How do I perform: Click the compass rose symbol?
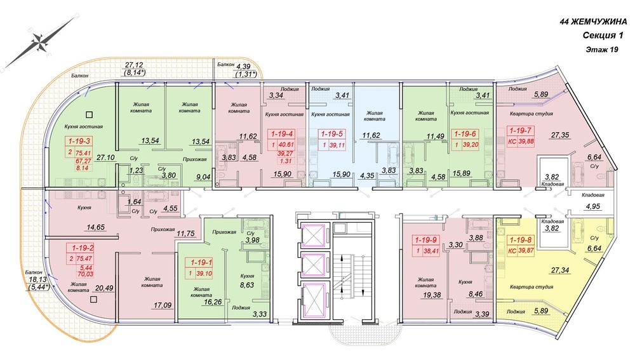(x=39, y=42)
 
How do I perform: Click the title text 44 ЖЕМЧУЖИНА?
(x=593, y=22)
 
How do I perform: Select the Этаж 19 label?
(x=602, y=50)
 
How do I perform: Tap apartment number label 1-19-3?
(x=79, y=142)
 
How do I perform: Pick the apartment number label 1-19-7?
(x=521, y=131)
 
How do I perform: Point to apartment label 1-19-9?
(x=425, y=240)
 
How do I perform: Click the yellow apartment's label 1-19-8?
(x=521, y=240)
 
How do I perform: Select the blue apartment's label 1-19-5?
(x=331, y=134)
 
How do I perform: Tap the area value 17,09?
(x=163, y=305)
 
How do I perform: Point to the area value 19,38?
(x=432, y=295)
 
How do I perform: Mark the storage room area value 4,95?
(x=593, y=206)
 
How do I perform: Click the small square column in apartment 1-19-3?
(x=91, y=114)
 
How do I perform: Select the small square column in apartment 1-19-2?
(x=93, y=300)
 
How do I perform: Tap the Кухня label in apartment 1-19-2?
(x=84, y=208)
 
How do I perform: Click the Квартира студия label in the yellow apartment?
(x=531, y=287)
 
